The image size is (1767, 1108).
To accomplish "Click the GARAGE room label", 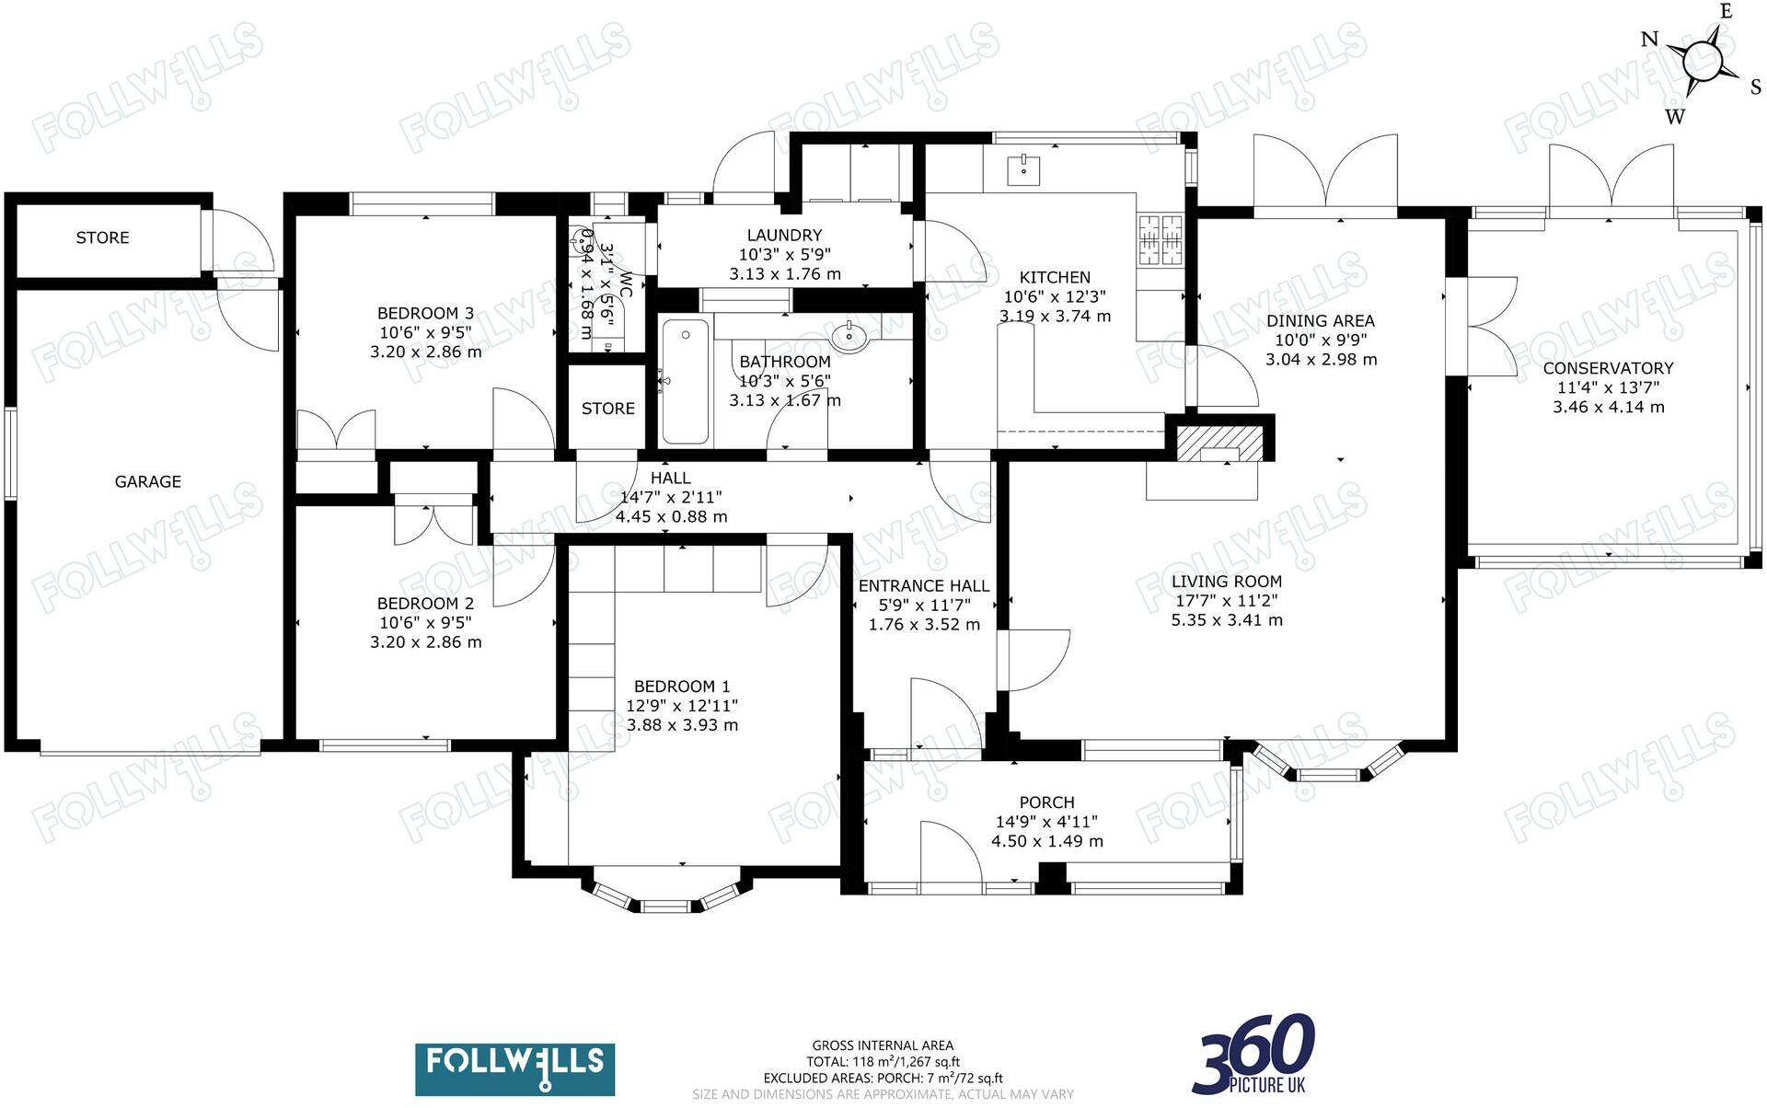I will pos(147,481).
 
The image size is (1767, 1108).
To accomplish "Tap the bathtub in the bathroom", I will pos(686,381).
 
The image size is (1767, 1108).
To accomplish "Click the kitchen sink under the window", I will pos(1022,170).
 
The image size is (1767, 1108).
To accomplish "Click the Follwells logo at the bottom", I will pos(514,1068).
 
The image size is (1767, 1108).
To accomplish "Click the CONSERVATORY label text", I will pos(1608,368).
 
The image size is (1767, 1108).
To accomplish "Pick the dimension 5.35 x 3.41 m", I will pos(1226,620).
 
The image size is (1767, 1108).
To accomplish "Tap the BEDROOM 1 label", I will pos(681,687).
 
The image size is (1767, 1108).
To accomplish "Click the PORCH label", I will pos(1046,802).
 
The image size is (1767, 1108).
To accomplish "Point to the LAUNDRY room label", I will pos(784,236).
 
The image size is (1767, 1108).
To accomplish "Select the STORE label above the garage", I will pos(102,237).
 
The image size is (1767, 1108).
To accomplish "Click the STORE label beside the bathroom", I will pos(607,409).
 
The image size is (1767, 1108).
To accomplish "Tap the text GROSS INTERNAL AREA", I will pos(882,1045).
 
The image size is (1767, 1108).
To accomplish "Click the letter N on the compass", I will pos(1649,40).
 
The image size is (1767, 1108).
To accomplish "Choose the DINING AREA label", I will pos(1320,321).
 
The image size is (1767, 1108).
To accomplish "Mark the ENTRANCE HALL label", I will pos(923,586).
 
